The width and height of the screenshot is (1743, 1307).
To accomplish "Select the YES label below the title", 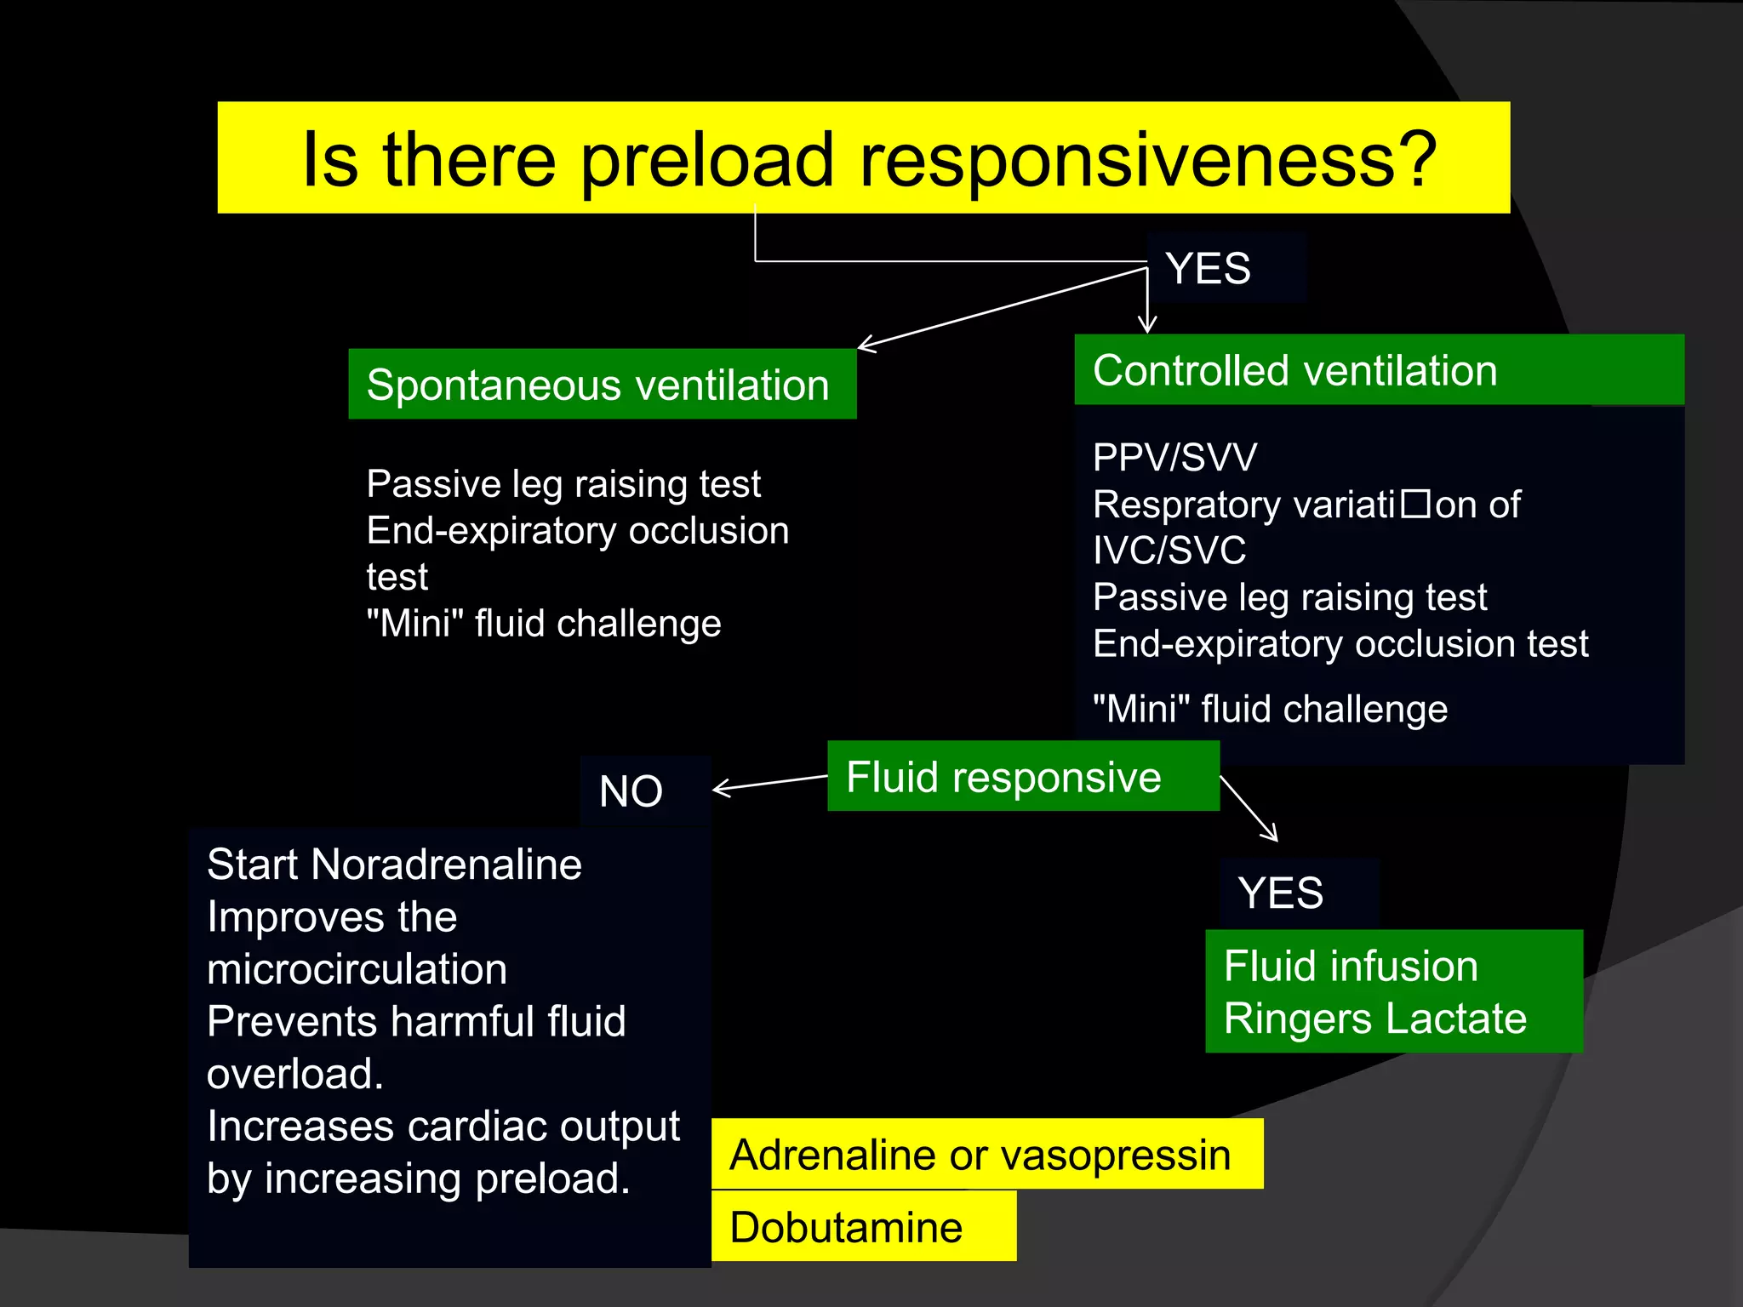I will (x=1209, y=269).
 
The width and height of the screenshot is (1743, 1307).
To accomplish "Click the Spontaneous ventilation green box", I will (x=602, y=385).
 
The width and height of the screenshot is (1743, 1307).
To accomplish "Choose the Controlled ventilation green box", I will (x=1379, y=371).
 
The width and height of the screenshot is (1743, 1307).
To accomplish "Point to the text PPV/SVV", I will (x=1174, y=458).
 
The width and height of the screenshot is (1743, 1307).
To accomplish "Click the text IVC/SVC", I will (x=1169, y=551).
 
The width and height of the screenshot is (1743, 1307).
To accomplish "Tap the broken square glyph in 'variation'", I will (x=1416, y=504).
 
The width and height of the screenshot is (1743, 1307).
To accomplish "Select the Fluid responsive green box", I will (x=1022, y=777).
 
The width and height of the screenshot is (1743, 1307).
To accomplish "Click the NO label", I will (x=631, y=791).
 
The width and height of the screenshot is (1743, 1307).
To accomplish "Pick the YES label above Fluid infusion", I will (x=1281, y=893).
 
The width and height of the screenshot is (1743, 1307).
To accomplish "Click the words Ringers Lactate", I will (x=1374, y=1019).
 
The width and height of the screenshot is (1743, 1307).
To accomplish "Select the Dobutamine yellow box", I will (x=863, y=1227).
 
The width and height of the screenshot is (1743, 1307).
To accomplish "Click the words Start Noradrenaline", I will (x=394, y=865).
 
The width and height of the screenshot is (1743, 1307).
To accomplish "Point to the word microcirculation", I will (x=357, y=969).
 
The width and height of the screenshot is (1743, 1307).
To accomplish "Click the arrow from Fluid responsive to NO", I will (x=766, y=784).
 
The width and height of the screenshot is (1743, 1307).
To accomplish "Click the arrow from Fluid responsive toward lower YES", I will (x=1249, y=808).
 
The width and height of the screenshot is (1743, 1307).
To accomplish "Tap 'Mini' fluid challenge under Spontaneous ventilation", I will (x=543, y=624).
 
